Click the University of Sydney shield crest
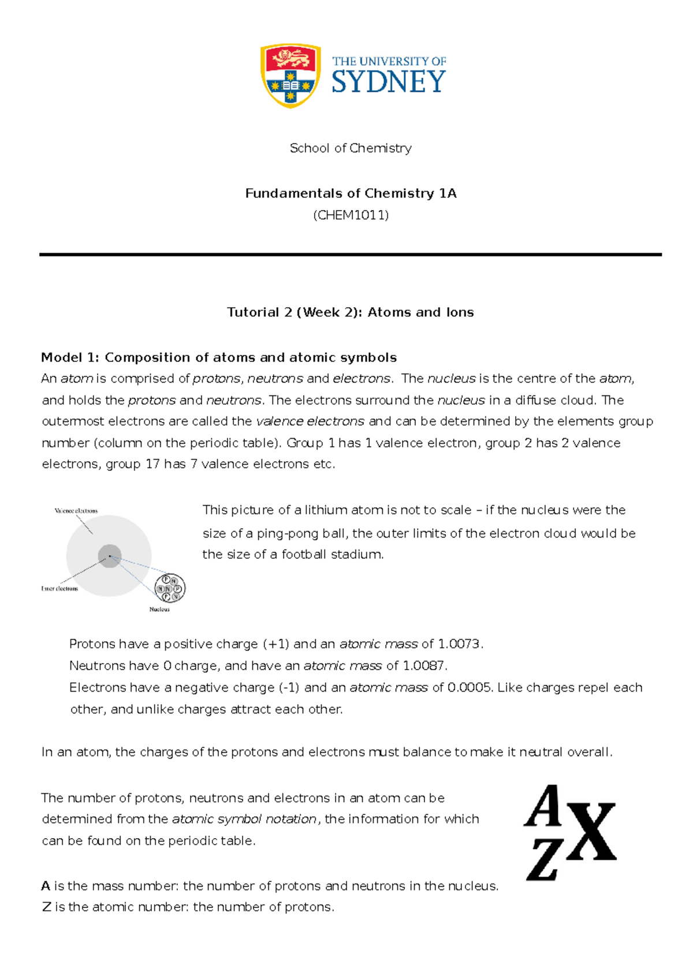pyautogui.click(x=290, y=75)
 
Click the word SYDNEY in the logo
pyautogui.click(x=388, y=82)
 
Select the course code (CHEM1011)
pyautogui.click(x=351, y=215)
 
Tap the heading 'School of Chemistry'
pyautogui.click(x=351, y=148)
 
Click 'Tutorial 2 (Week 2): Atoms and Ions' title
pyautogui.click(x=351, y=312)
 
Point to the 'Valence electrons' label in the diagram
pyautogui.click(x=76, y=511)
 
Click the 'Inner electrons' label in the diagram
pyautogui.click(x=59, y=589)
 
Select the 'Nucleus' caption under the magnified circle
pyautogui.click(x=159, y=609)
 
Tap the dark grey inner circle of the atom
pyautogui.click(x=109, y=556)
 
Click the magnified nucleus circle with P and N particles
pyautogui.click(x=170, y=588)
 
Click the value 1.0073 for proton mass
pyautogui.click(x=459, y=644)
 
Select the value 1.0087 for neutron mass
pyautogui.click(x=423, y=666)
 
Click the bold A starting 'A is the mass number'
pyautogui.click(x=46, y=886)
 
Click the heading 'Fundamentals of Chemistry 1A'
pyautogui.click(x=351, y=193)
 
